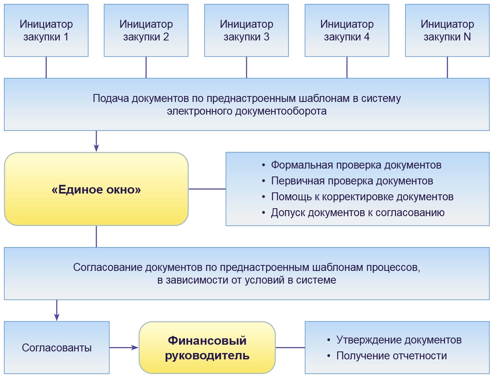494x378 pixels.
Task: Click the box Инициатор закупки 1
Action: pos(46,31)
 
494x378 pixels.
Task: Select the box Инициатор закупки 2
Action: pos(146,31)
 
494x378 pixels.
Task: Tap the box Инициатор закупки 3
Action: pos(246,31)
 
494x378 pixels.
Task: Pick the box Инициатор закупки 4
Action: pos(347,31)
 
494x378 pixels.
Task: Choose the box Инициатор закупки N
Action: pos(447,31)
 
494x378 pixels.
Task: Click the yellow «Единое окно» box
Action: pos(96,189)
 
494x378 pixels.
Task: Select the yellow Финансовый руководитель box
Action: pos(207,347)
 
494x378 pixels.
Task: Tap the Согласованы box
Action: pos(57,347)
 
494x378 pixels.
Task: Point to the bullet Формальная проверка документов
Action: pos(356,165)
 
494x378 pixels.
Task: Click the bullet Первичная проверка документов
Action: pos(352,181)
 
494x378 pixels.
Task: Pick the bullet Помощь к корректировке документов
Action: pos(362,197)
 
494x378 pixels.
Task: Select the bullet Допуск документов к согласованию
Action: pos(357,213)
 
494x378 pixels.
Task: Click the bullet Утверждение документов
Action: pos(399,340)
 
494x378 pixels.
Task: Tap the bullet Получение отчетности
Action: pos(391,356)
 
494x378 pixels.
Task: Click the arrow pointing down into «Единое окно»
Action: pos(96,141)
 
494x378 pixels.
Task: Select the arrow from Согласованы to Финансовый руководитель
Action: pos(124,347)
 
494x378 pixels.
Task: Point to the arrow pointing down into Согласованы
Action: pos(57,310)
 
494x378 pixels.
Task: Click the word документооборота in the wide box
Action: pos(281,111)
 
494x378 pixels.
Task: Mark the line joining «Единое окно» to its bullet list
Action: pos(207,189)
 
